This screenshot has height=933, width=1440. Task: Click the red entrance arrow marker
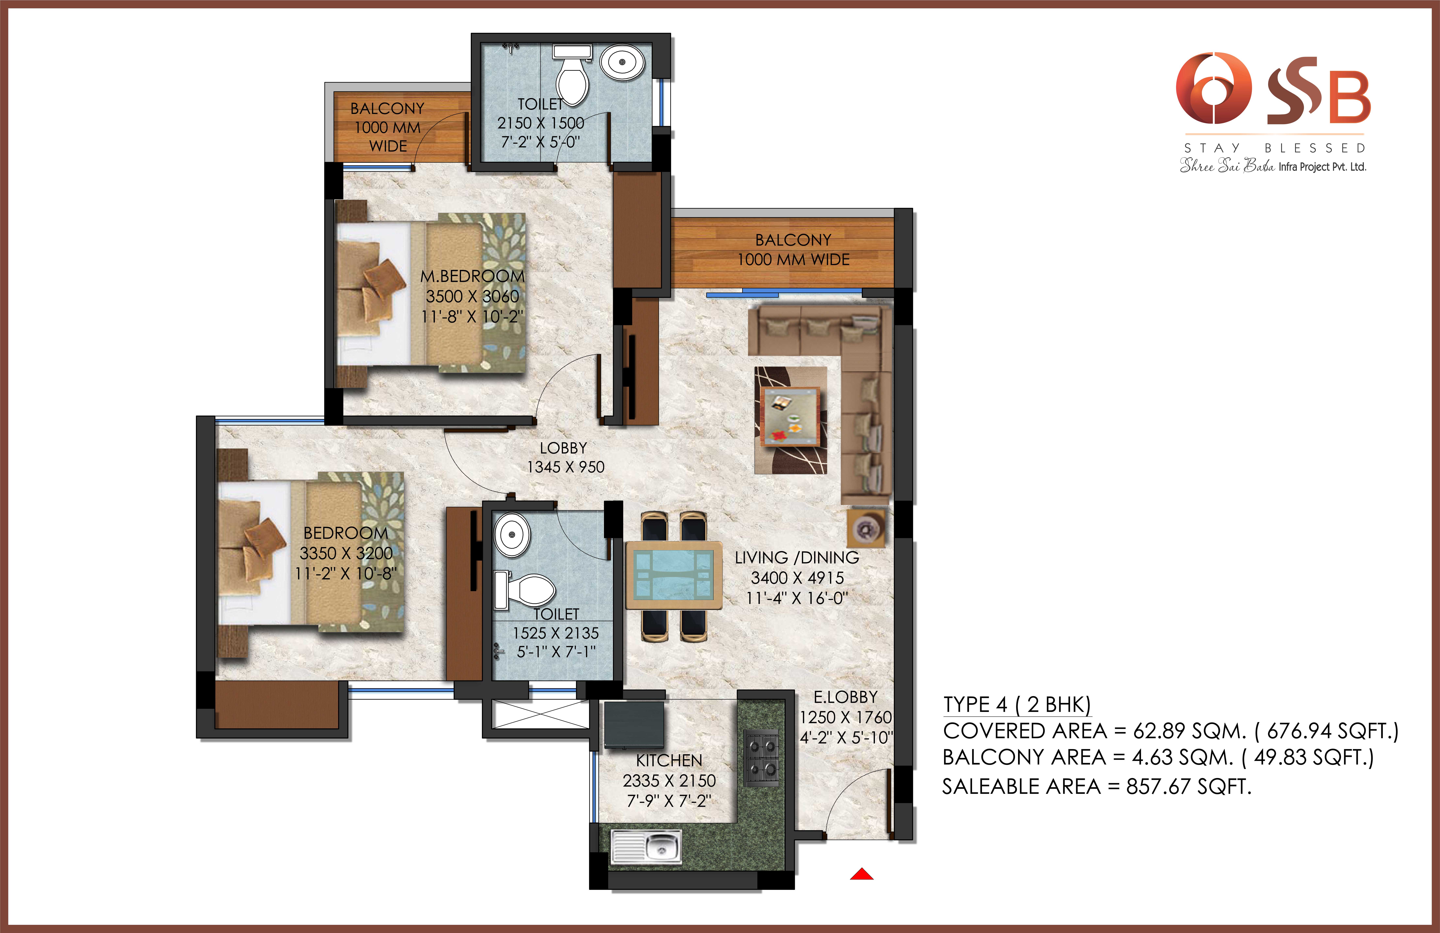862,874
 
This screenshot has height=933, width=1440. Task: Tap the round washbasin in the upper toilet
622,62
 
